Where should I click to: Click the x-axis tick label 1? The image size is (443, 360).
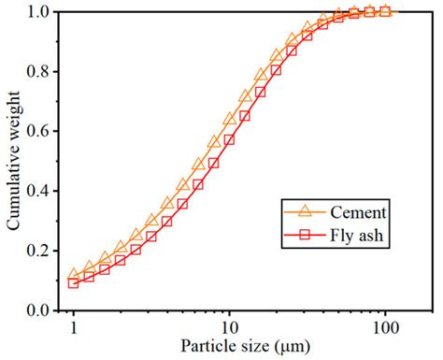click(x=74, y=327)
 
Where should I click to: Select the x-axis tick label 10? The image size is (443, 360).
click(x=229, y=327)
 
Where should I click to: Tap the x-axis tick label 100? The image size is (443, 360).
click(x=384, y=327)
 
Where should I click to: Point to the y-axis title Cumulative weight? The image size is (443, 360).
click(x=13, y=161)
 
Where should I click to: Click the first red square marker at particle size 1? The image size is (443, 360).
click(x=74, y=282)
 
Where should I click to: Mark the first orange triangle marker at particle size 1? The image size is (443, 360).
click(x=74, y=275)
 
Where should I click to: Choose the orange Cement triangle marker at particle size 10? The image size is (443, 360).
click(x=229, y=119)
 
